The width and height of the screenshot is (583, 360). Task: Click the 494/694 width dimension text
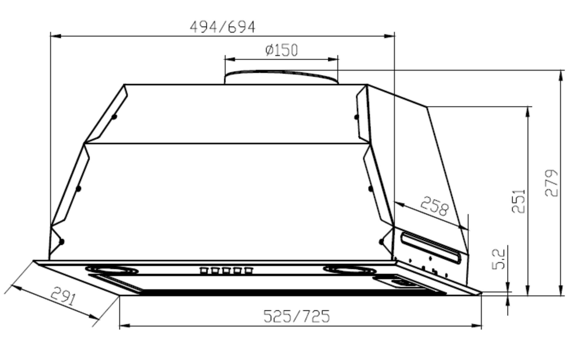[x=222, y=27]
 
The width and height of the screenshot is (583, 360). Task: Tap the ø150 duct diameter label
[x=281, y=50]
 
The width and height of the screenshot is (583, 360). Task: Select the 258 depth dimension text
[x=434, y=206]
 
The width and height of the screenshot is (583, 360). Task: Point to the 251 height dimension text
[x=518, y=200]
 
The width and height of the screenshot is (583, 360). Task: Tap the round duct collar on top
[x=282, y=77]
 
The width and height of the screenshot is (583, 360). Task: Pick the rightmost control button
[x=249, y=270]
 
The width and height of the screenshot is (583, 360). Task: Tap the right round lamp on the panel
[x=350, y=270]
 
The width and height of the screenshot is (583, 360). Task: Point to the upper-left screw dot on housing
[x=114, y=117]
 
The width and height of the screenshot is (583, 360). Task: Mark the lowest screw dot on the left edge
[x=62, y=241]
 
